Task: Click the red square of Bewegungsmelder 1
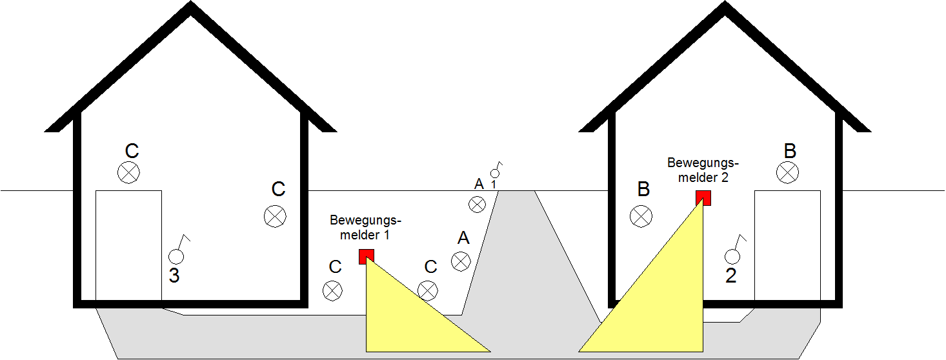[x=367, y=256]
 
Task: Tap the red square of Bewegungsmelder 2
[x=703, y=197]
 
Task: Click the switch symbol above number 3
[x=177, y=252]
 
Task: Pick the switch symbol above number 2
[x=734, y=252]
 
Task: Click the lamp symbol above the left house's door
[x=128, y=172]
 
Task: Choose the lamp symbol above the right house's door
[x=787, y=172]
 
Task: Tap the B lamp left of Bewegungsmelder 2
[x=641, y=217]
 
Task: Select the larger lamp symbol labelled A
[x=461, y=261]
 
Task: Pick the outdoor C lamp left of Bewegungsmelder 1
[x=332, y=290]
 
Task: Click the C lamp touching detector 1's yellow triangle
[x=428, y=290]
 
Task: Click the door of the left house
[x=128, y=245]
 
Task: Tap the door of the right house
[x=787, y=245]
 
